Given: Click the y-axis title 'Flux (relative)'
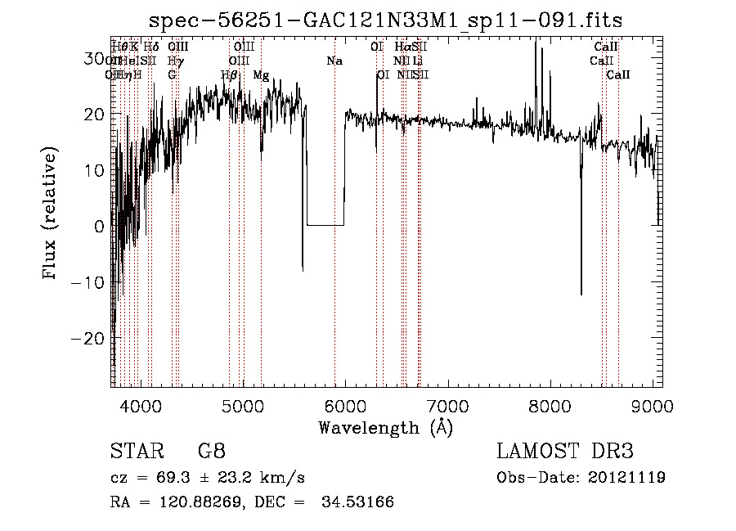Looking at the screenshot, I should click(x=51, y=214).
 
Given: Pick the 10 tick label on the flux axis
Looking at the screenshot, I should click(x=96, y=170).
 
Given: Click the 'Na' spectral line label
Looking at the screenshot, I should click(x=334, y=61).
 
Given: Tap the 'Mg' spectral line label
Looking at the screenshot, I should click(x=261, y=74).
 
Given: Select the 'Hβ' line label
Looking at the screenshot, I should click(x=229, y=74).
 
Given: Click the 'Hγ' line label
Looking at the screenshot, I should click(x=173, y=61).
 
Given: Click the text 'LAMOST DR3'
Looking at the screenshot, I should click(x=565, y=451).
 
